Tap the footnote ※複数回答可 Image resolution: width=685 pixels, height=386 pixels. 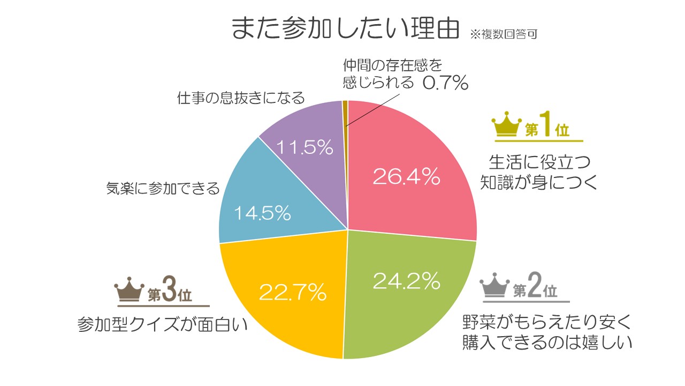[x=503, y=34]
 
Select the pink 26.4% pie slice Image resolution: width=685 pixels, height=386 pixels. [x=412, y=172]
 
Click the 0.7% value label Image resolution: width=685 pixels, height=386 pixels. [x=445, y=83]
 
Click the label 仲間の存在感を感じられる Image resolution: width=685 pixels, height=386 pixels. [x=393, y=74]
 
